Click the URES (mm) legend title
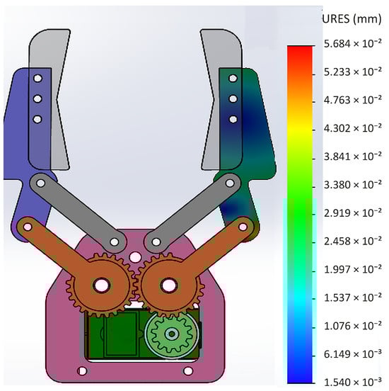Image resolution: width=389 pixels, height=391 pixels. click(x=352, y=19)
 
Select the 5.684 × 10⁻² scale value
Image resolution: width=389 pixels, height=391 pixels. click(x=353, y=43)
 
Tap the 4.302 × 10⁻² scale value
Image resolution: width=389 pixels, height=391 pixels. click(x=353, y=128)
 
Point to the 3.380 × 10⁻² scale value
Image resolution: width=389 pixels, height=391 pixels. click(x=353, y=185)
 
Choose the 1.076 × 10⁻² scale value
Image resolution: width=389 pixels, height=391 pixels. click(x=353, y=326)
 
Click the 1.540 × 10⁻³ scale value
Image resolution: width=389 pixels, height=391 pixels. click(x=353, y=382)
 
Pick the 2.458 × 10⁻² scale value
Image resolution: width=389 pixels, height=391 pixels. click(x=353, y=241)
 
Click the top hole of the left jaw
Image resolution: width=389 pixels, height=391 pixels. click(x=37, y=79)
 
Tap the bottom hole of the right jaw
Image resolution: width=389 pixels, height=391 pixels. click(x=233, y=120)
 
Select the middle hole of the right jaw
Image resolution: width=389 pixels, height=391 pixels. click(x=233, y=99)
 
